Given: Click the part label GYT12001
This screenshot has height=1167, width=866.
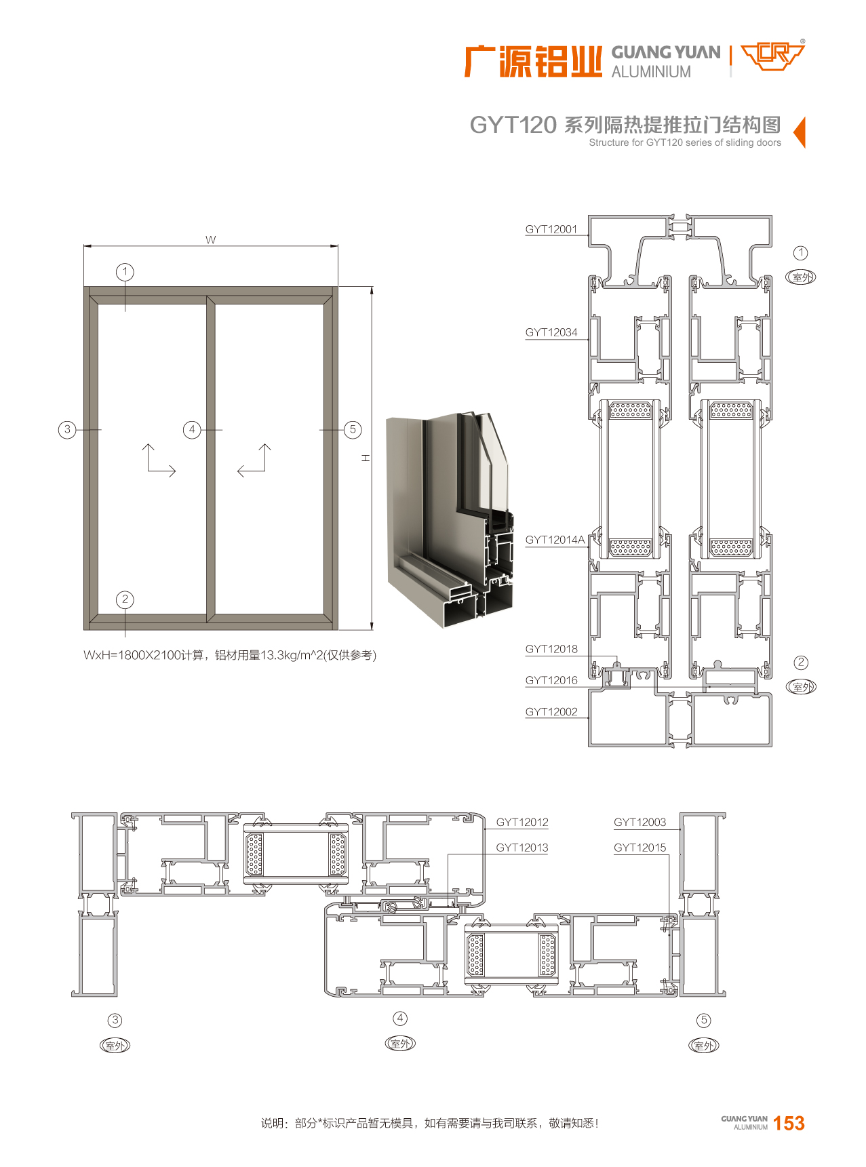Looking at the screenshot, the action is (x=551, y=229).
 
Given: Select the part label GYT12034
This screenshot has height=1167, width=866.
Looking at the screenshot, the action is (x=551, y=332).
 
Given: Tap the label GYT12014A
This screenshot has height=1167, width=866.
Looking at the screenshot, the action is (x=555, y=540).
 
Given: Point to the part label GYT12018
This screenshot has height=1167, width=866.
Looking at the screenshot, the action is (x=551, y=649).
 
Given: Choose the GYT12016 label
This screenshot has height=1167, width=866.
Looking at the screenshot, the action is (x=551, y=680).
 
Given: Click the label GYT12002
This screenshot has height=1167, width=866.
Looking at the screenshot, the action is (x=551, y=712).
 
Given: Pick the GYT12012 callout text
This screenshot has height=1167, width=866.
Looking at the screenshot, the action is (x=522, y=823).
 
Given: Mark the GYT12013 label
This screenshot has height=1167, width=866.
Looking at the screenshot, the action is (x=522, y=848).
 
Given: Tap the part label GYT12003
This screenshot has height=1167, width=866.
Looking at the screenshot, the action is (x=640, y=823).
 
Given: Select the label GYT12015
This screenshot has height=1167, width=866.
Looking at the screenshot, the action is (x=640, y=848).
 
